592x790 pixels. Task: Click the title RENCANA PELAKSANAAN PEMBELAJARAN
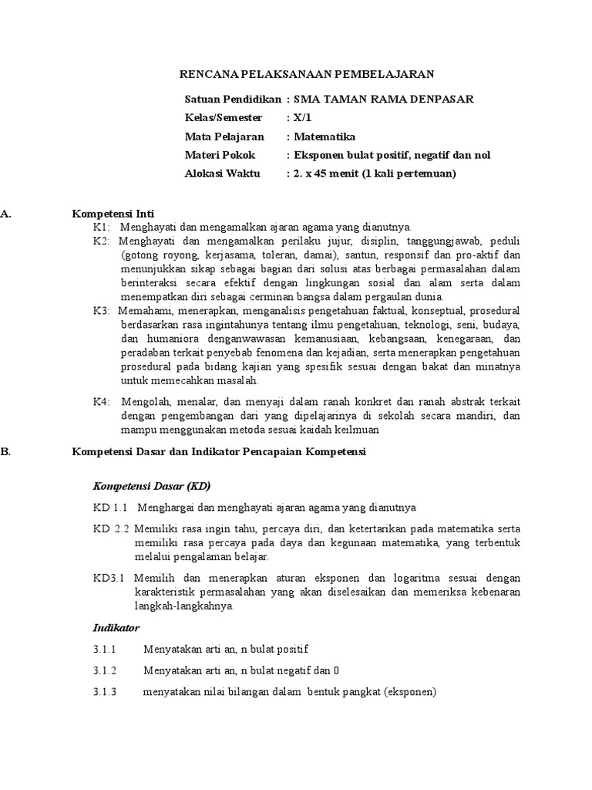tap(307, 74)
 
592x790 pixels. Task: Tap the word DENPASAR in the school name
tap(439, 99)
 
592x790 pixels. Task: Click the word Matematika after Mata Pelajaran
tap(324, 137)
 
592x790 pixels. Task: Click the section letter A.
tap(5, 213)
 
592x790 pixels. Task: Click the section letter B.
tap(5, 453)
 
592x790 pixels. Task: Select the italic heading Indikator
tap(116, 628)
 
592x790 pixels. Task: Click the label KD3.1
tap(109, 578)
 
